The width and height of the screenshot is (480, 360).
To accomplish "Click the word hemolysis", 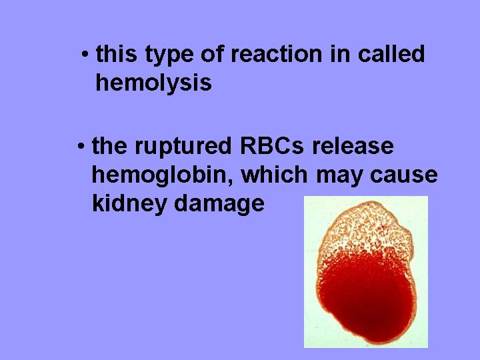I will coord(153,83).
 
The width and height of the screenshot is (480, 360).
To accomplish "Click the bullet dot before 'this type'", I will coord(86,54).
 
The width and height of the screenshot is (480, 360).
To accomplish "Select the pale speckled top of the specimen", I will coord(363,227).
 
